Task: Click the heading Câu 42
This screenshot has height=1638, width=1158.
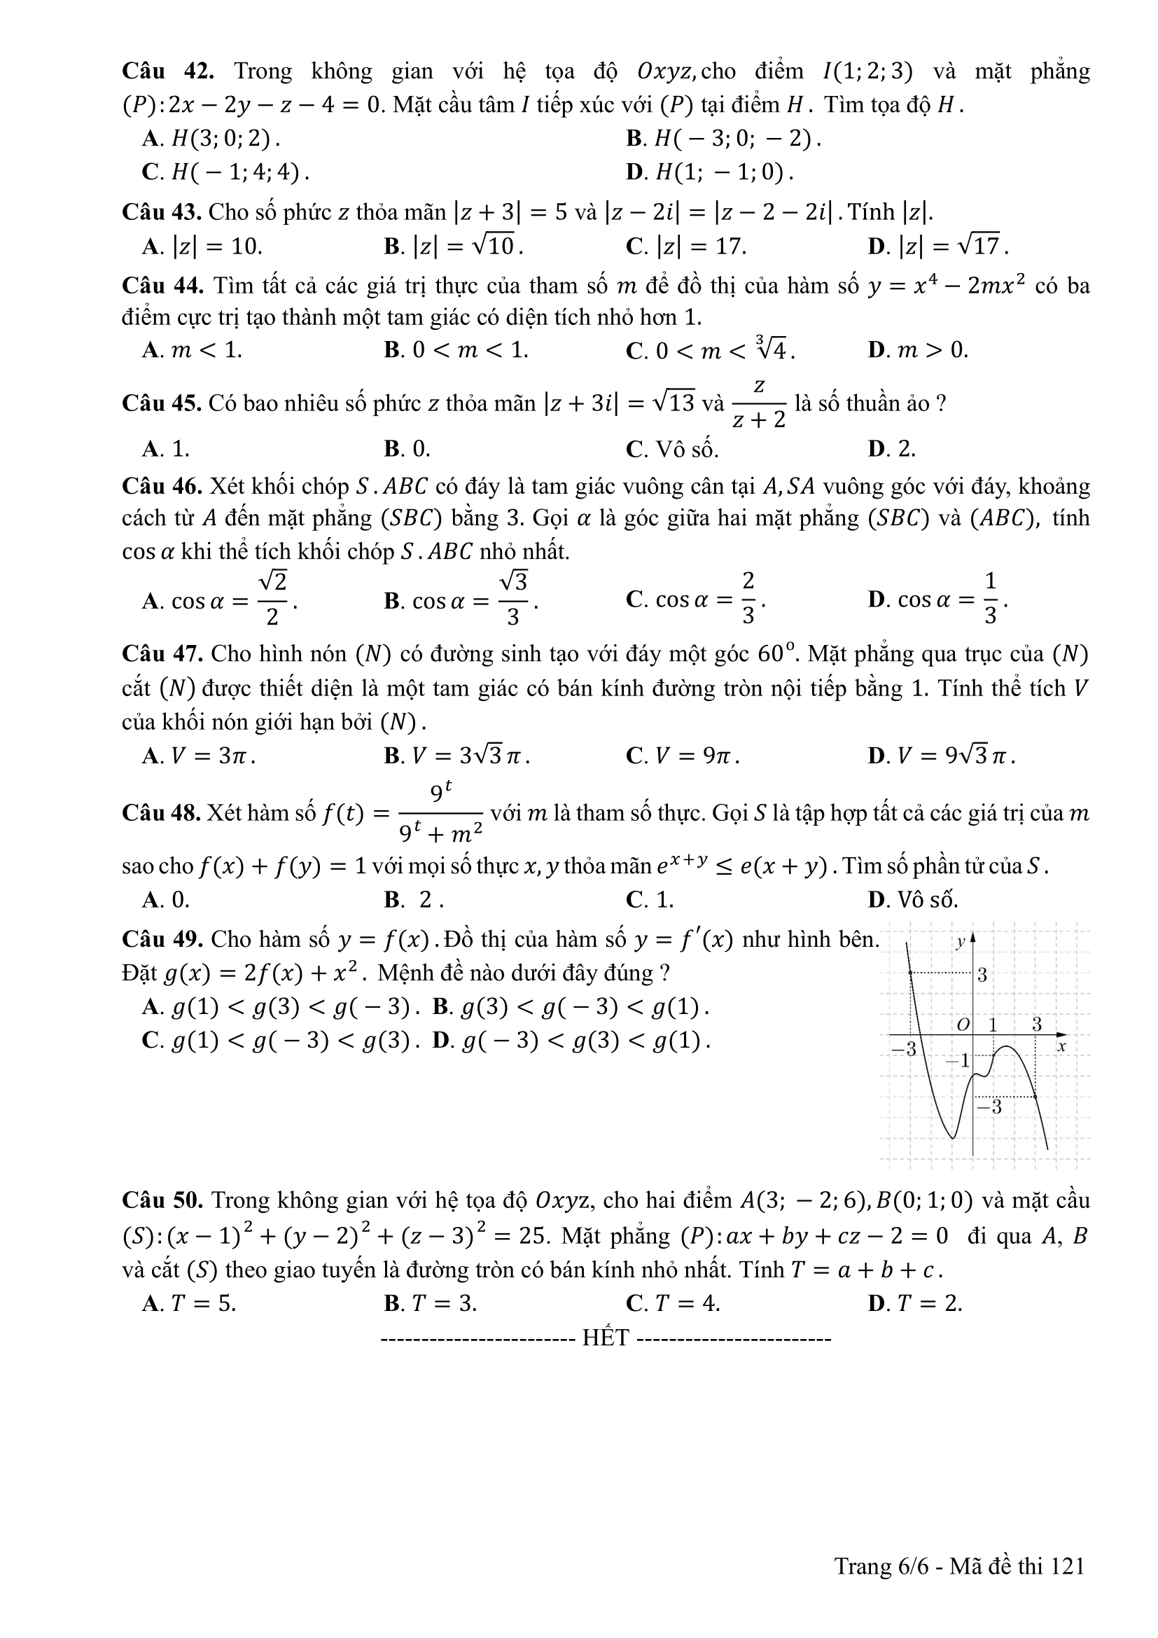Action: point(167,71)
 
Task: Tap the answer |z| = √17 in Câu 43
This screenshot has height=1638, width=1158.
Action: point(938,246)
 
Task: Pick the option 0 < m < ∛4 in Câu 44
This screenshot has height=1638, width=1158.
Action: point(710,349)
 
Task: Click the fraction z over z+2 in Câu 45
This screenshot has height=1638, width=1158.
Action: point(759,404)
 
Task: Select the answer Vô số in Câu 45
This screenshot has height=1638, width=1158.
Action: point(672,449)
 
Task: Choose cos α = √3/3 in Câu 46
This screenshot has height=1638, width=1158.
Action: point(461,601)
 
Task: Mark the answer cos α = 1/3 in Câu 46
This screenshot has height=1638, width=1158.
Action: point(937,600)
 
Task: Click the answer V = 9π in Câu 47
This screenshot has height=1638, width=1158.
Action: point(683,756)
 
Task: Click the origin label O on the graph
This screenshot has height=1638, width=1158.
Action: point(963,1025)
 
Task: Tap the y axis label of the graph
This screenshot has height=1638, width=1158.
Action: point(961,942)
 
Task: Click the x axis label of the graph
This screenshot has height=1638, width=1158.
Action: point(1061,1046)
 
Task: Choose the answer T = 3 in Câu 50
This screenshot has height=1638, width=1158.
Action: point(430,1303)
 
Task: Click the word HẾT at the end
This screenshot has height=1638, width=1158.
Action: point(606,1337)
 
